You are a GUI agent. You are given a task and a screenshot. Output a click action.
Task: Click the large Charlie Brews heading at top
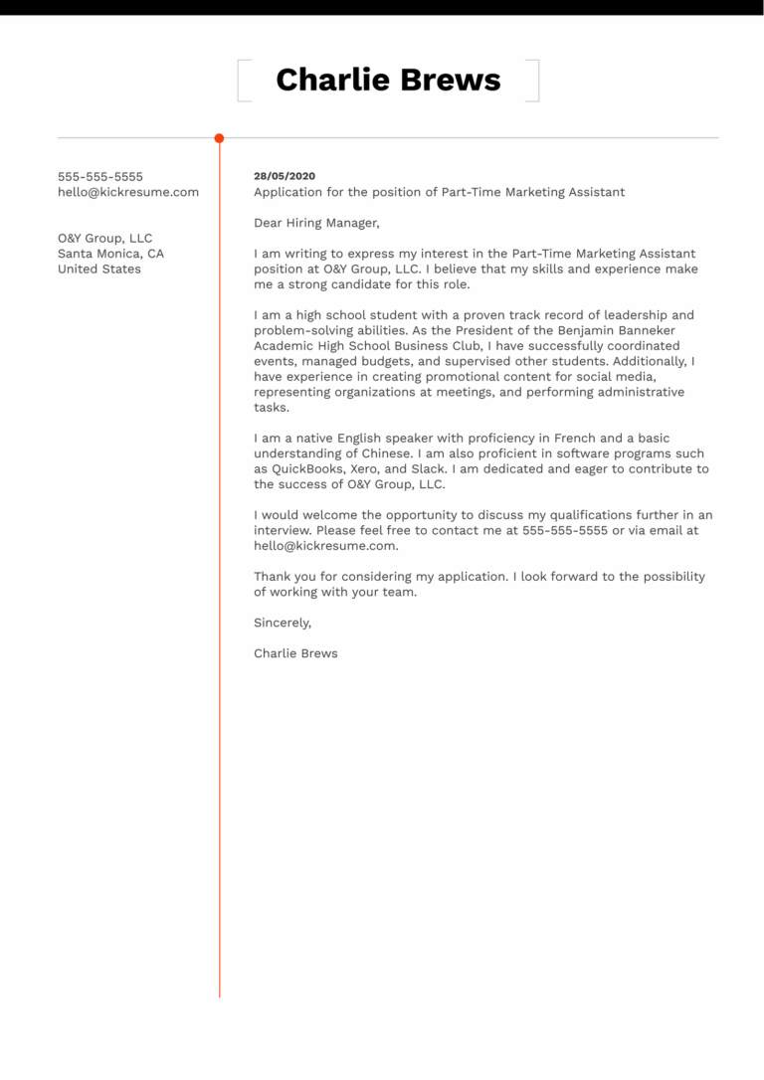(388, 80)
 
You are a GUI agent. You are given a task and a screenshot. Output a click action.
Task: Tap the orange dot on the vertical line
(219, 138)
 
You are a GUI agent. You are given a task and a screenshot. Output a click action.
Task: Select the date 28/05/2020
(285, 176)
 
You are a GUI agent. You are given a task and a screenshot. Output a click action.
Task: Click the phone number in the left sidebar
(100, 177)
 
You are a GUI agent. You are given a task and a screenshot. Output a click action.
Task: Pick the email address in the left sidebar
(128, 192)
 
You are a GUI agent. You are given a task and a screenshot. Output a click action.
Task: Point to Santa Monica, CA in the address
(111, 254)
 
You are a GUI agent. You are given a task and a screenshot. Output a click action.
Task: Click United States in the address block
(99, 269)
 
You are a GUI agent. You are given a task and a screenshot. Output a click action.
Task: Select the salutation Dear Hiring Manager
(316, 223)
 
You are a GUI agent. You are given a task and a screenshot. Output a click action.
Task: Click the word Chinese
(381, 453)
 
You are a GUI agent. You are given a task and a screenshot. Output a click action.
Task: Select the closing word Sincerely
(283, 623)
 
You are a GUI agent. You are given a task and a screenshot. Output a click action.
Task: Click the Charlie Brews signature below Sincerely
(295, 653)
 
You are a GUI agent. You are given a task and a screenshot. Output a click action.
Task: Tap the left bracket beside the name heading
(240, 81)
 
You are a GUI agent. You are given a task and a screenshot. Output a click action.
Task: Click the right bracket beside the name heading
(535, 81)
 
